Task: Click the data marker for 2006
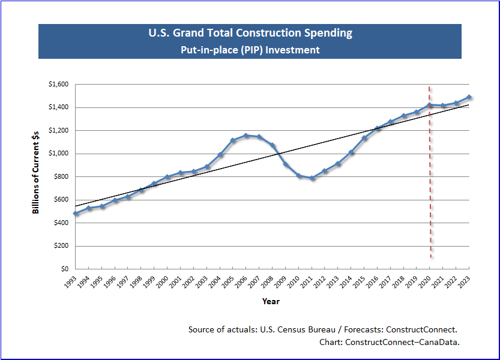coord(246,136)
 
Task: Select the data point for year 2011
coord(312,178)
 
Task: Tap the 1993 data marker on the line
coord(76,214)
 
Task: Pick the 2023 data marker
coord(469,97)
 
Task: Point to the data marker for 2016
coord(378,128)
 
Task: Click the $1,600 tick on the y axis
coord(58,85)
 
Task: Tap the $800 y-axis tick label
coord(61,177)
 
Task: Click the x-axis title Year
coord(271,301)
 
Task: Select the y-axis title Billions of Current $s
coord(36,176)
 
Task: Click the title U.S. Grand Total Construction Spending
coord(250,33)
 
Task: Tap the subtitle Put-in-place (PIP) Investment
coord(250,50)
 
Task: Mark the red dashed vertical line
coord(430,180)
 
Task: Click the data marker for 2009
coord(286,165)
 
